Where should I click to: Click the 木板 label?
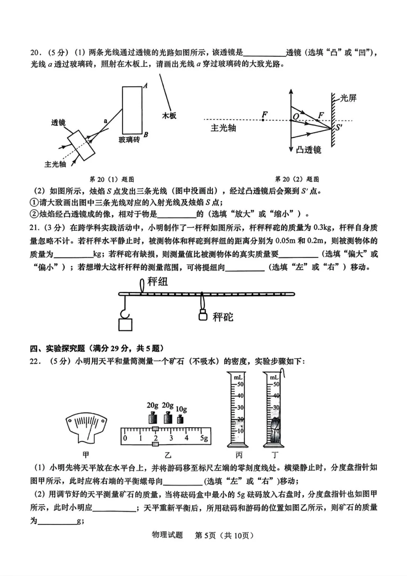click(169, 115)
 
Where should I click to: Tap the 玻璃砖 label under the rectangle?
click(129, 140)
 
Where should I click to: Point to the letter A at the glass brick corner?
click(145, 86)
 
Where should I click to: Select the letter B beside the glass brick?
click(146, 135)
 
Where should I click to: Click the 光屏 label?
click(348, 98)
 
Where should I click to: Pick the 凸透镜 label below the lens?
click(308, 150)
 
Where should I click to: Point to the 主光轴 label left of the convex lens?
click(223, 128)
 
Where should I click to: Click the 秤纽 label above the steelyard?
click(158, 281)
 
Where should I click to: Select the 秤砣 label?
click(223, 317)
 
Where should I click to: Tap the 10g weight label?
click(181, 409)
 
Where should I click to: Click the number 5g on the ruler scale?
click(204, 438)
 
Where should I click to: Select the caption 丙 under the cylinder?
click(239, 455)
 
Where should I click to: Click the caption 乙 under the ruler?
click(168, 455)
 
